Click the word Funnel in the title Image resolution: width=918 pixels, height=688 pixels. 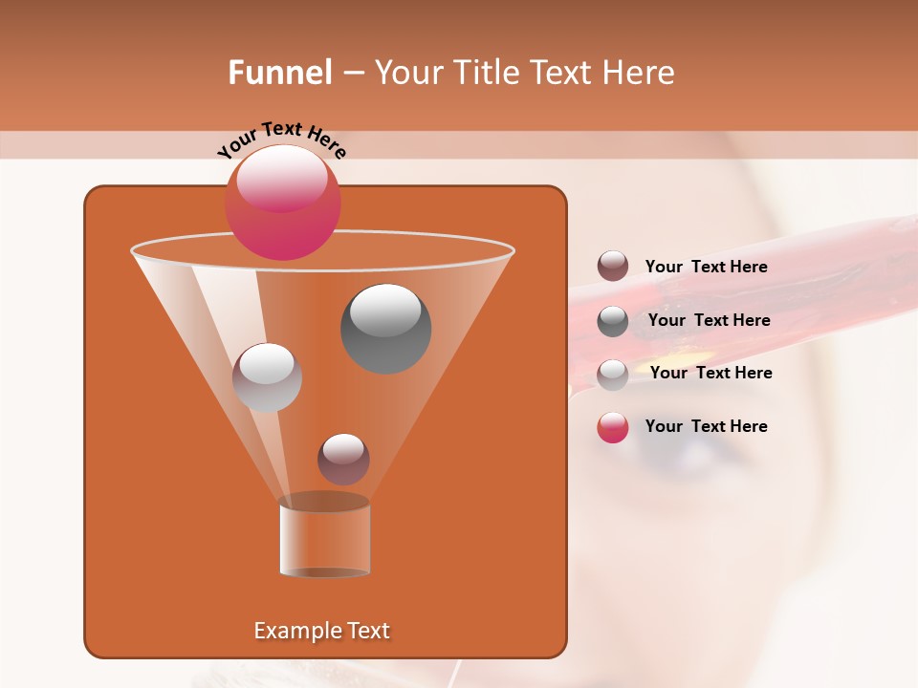tap(279, 73)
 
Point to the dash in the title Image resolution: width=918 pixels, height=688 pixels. tap(352, 73)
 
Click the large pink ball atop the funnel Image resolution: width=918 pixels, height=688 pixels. tap(282, 202)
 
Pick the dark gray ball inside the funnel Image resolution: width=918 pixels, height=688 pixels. tap(385, 329)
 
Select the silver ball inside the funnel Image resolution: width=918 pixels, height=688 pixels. tap(267, 377)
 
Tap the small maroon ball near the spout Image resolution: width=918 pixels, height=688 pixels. tap(343, 459)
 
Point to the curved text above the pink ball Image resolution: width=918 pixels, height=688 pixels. tap(281, 138)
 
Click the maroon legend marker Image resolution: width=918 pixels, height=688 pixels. tap(613, 267)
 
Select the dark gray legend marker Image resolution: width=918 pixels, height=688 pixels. tap(613, 321)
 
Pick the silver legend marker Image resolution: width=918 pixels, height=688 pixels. tap(613, 375)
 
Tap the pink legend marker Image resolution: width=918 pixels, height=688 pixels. tap(613, 427)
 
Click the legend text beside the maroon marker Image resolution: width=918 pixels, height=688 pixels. tap(706, 268)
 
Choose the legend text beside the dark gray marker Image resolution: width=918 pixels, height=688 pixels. tap(709, 321)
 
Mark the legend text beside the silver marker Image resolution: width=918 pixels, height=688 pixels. tap(710, 374)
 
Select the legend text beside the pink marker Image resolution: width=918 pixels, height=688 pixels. tap(706, 426)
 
